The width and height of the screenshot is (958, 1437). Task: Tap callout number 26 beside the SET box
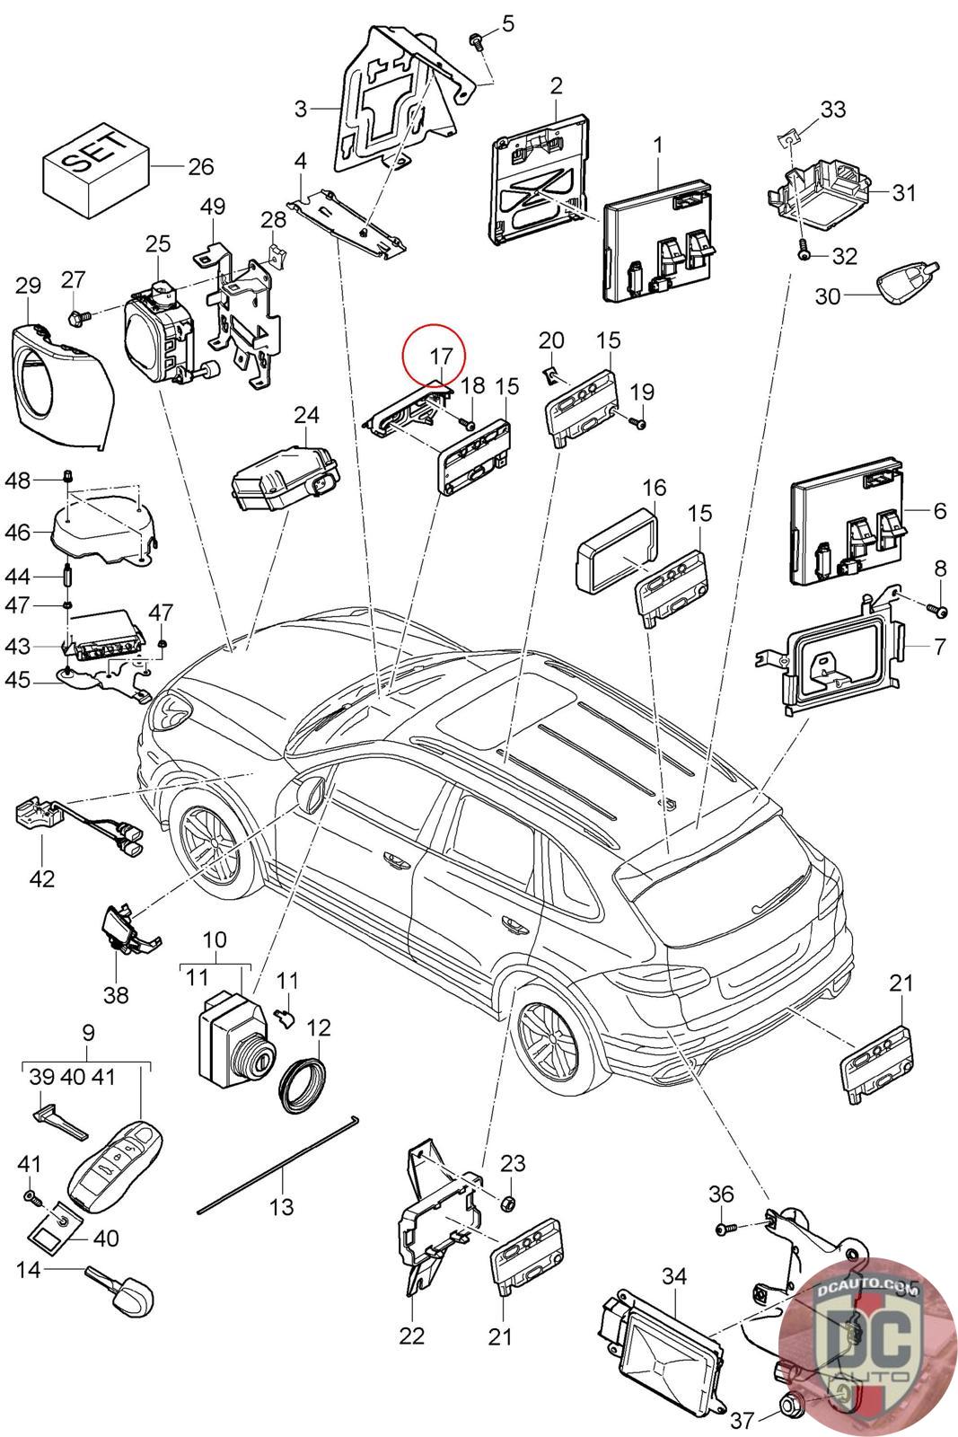[201, 167]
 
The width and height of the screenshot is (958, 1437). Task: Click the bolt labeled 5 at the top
[476, 40]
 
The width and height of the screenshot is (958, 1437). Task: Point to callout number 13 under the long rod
[281, 1205]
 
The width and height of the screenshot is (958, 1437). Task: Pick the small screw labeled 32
[804, 253]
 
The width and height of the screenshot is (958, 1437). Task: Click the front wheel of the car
[212, 842]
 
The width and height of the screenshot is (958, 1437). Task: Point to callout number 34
[672, 1276]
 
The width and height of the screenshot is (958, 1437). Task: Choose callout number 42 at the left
[42, 877]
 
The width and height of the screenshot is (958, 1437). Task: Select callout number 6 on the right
[939, 511]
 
